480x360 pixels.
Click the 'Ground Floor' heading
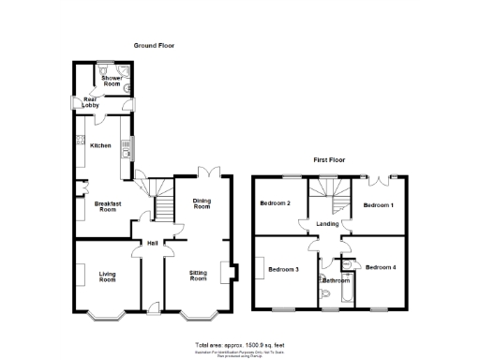tap(153, 45)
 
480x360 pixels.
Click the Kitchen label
tap(100, 145)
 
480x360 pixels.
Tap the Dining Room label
tap(202, 203)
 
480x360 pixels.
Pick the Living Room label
tap(107, 277)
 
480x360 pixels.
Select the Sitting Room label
tap(198, 277)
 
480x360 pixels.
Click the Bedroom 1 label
tap(379, 204)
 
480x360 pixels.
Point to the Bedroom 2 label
tap(276, 204)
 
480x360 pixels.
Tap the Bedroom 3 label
tap(283, 269)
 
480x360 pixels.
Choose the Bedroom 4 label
tap(381, 268)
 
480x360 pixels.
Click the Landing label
tap(327, 224)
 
